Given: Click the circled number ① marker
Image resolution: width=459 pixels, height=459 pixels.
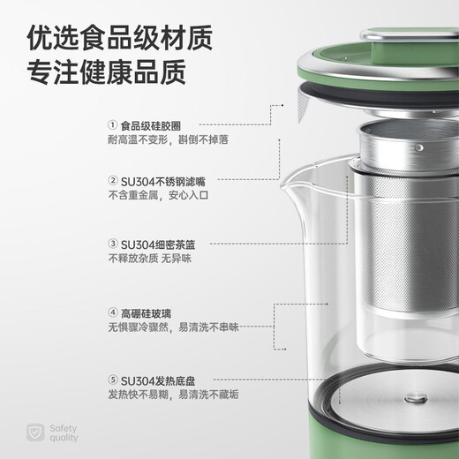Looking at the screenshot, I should click(x=112, y=124).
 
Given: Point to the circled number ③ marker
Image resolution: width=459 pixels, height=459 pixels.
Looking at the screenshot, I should click(x=112, y=244).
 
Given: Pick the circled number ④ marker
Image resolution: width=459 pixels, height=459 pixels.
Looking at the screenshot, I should click(x=112, y=312).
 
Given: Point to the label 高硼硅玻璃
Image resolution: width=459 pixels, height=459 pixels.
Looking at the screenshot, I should click(x=145, y=312).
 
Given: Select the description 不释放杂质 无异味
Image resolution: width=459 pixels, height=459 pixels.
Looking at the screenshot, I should click(x=149, y=259).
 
